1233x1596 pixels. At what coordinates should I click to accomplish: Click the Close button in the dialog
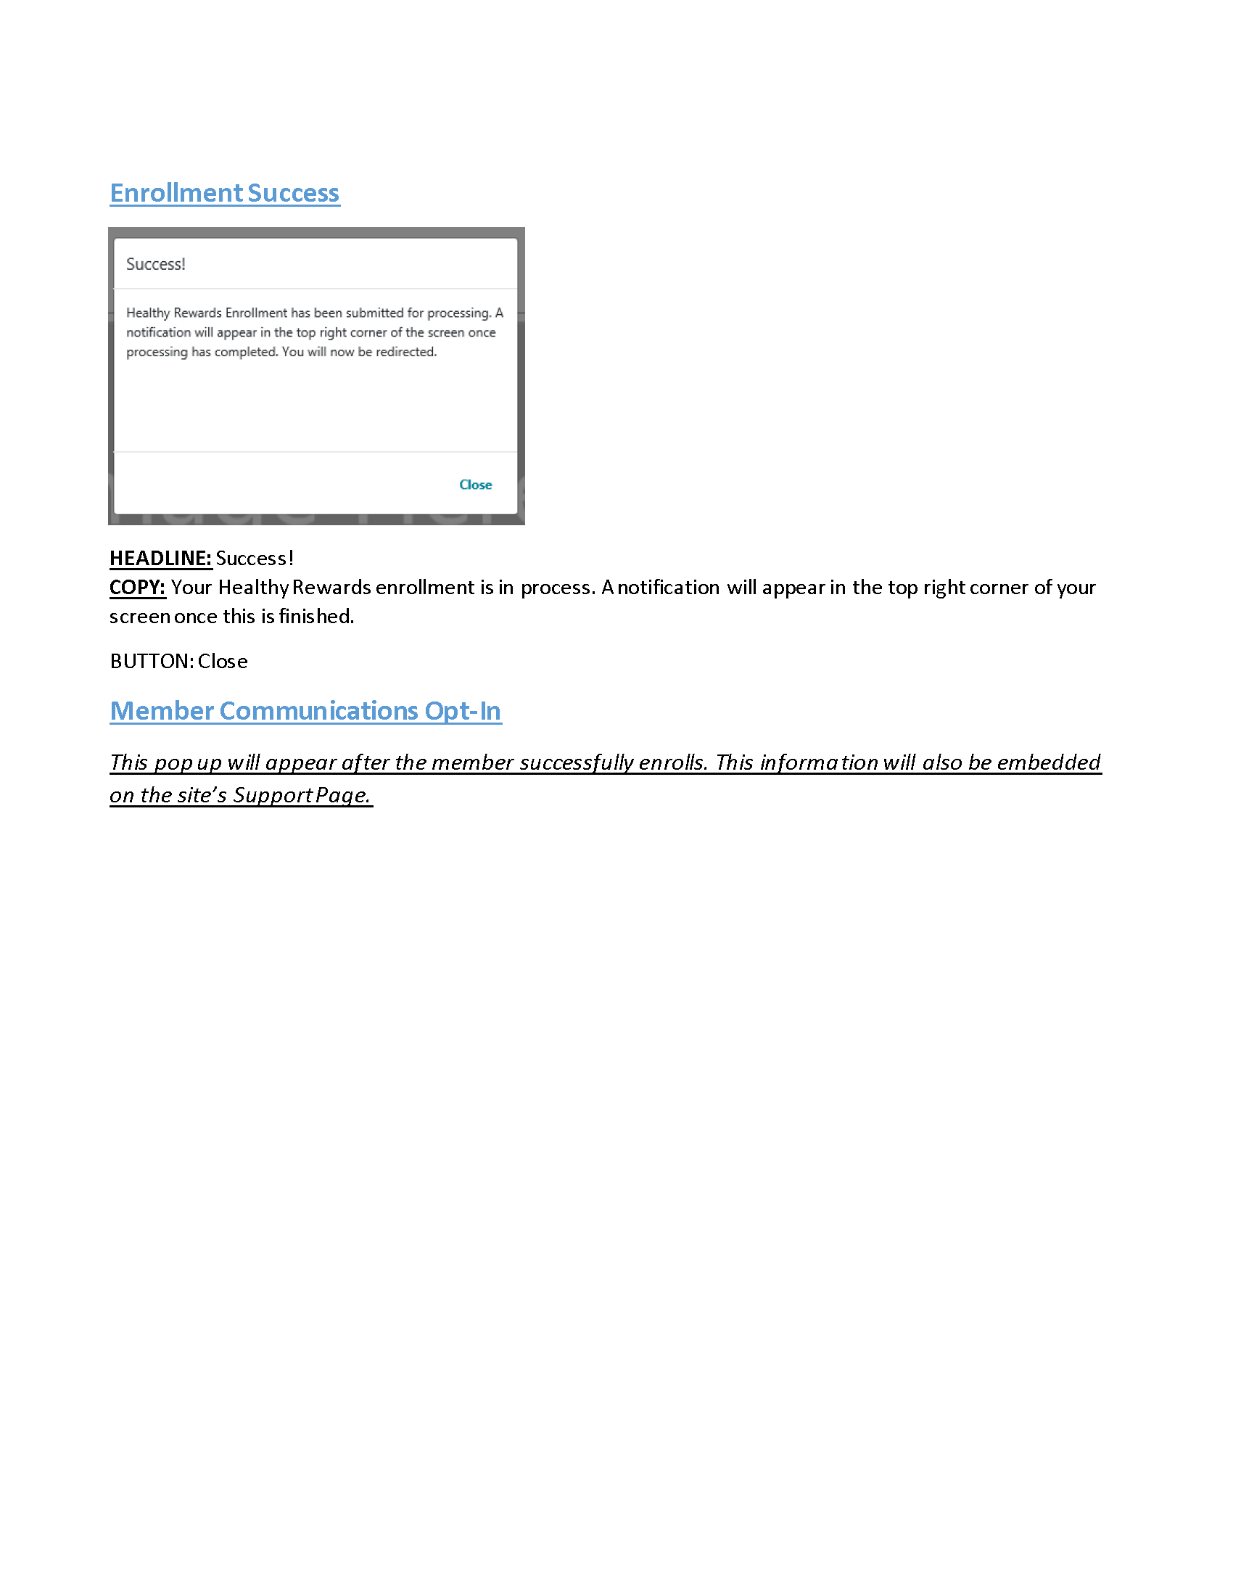coord(476,485)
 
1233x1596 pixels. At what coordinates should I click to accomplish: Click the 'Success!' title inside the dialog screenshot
coord(156,264)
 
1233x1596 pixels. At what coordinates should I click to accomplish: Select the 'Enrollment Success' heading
coord(224,193)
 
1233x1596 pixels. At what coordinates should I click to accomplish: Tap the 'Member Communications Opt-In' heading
coord(305,710)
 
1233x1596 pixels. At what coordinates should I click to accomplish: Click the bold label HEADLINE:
coord(160,559)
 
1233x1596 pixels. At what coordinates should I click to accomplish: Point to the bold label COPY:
coord(137,588)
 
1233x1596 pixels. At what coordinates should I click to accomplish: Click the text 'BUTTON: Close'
coord(179,662)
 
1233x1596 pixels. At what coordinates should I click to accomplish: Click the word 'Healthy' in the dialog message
coord(147,313)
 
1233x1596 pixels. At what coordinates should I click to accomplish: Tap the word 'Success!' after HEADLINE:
coord(254,559)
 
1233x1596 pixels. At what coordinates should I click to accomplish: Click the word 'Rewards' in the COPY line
coord(331,588)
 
